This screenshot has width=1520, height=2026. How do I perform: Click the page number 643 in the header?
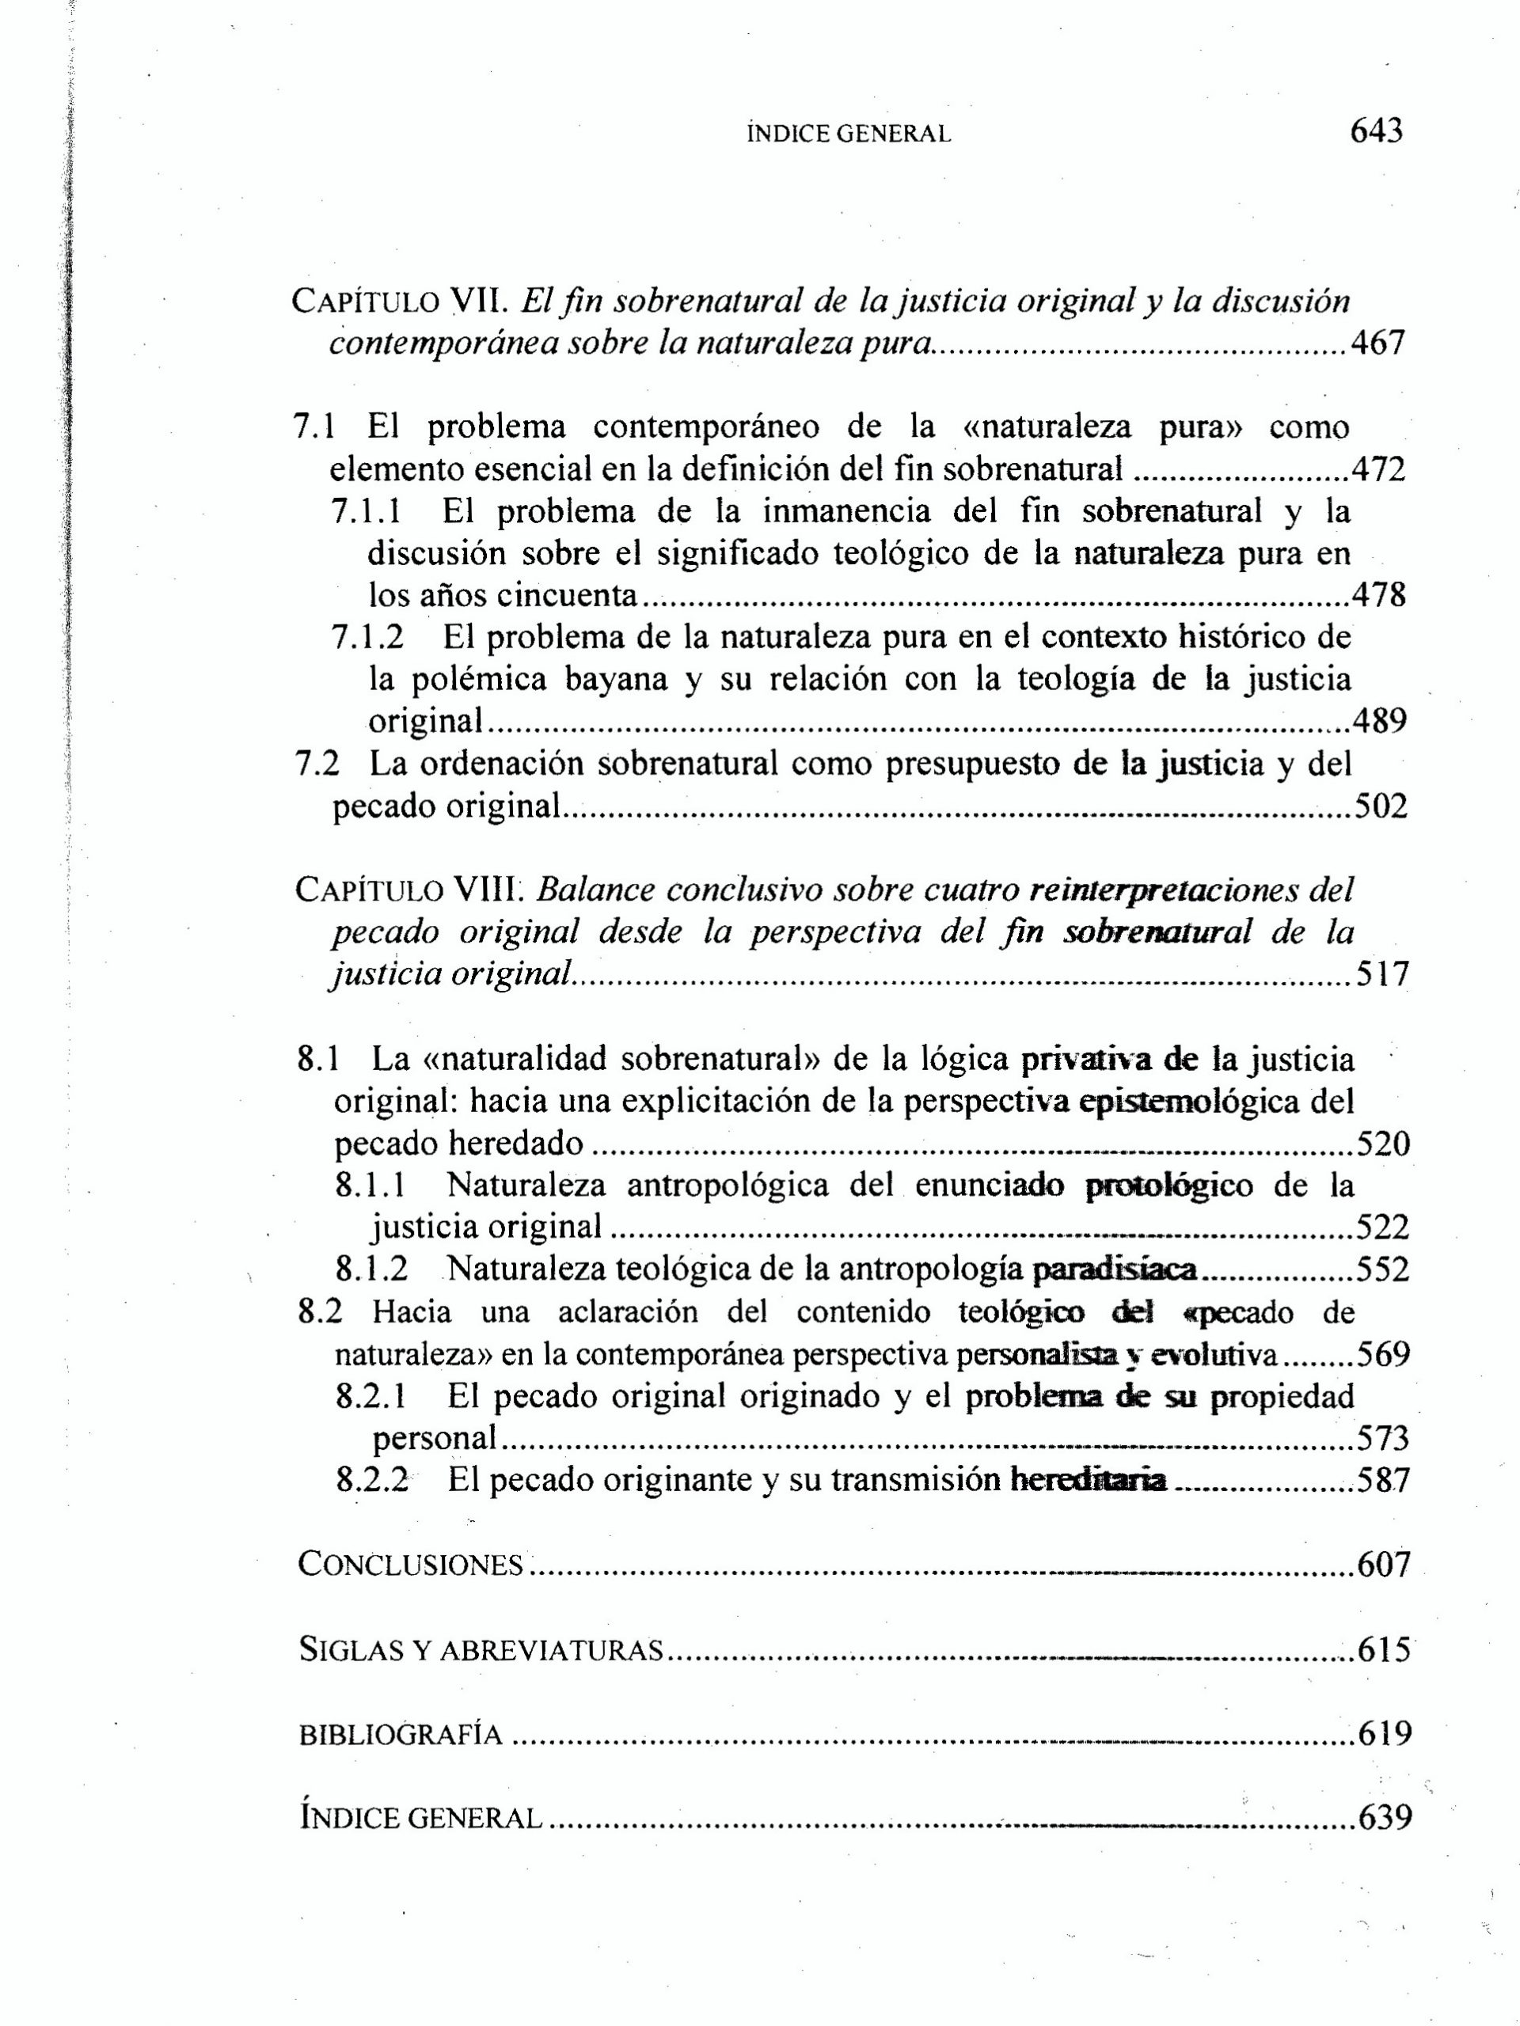[1376, 131]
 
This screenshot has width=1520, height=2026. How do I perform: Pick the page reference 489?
[1379, 722]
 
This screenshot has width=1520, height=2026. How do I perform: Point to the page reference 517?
[1381, 973]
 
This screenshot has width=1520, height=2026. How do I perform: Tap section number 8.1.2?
[372, 1269]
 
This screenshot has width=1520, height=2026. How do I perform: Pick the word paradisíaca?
[1114, 1269]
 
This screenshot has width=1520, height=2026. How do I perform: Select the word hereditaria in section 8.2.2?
[1088, 1480]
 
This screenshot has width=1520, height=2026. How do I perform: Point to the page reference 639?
[1385, 1819]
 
